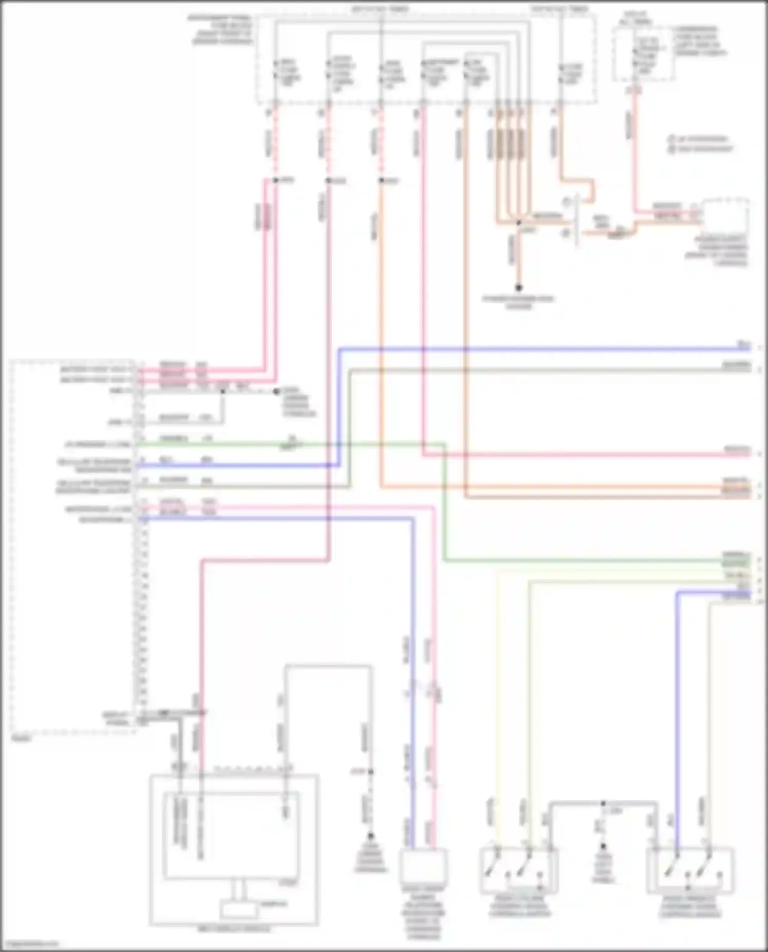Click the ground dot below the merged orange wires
pos(518,288)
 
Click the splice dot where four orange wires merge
pos(518,223)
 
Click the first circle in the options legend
pos(671,139)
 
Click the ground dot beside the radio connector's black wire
pos(276,392)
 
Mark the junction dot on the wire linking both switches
pos(603,804)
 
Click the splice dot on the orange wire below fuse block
pos(381,181)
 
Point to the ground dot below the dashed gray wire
pos(370,836)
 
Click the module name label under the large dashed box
pos(20,739)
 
